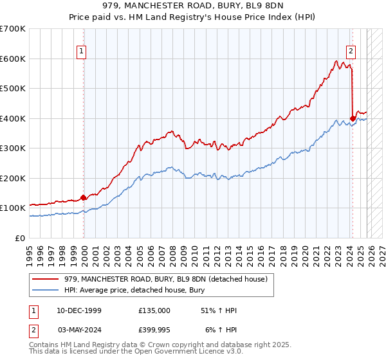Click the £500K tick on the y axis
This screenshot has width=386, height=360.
point(13,88)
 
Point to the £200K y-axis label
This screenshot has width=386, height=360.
point(13,178)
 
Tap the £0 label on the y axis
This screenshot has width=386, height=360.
point(20,238)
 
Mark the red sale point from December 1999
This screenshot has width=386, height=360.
point(84,197)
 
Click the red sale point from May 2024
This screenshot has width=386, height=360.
point(353,118)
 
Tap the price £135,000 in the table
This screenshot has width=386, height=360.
point(154,310)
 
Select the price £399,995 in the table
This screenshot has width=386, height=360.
point(154,329)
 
